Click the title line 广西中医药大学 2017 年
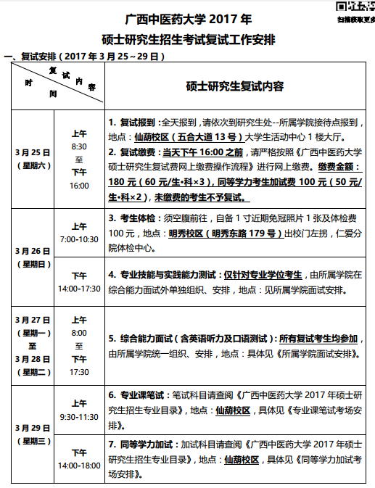coord(187,18)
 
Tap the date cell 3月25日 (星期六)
coord(33,158)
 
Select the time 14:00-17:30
coord(79,288)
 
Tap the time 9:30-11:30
coord(79,416)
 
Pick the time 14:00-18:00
coord(79,465)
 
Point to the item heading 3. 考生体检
coord(133,218)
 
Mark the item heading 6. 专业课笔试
coord(138,395)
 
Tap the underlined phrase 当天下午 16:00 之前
coord(203,152)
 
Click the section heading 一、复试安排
coord(30,56)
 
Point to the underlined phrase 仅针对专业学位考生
coord(263,276)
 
